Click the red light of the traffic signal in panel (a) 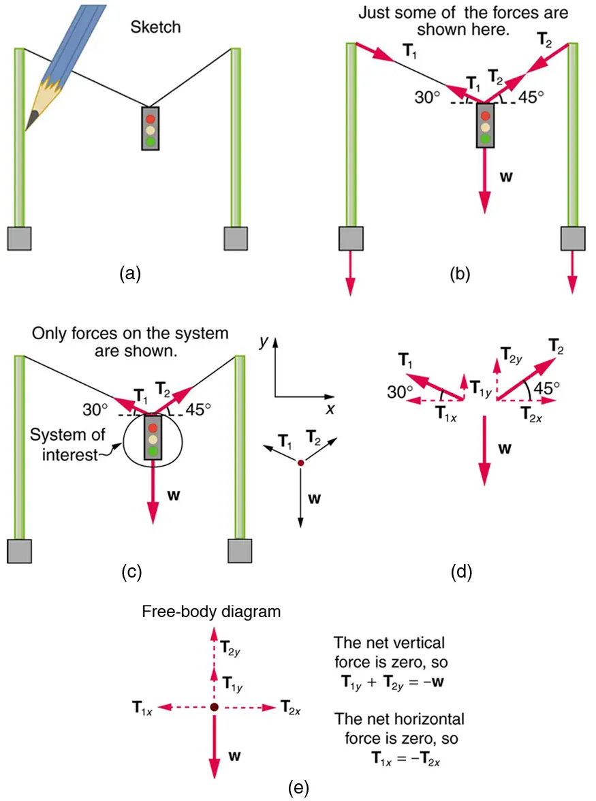(x=151, y=119)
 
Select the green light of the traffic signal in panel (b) (x=484, y=138)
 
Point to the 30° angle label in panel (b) (x=428, y=96)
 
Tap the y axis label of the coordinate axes (x=262, y=343)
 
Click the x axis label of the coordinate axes (x=330, y=409)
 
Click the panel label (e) (x=298, y=788)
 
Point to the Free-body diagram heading (x=211, y=611)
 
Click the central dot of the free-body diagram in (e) (x=214, y=708)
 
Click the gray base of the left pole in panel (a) (x=20, y=239)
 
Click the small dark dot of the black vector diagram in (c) (x=300, y=463)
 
